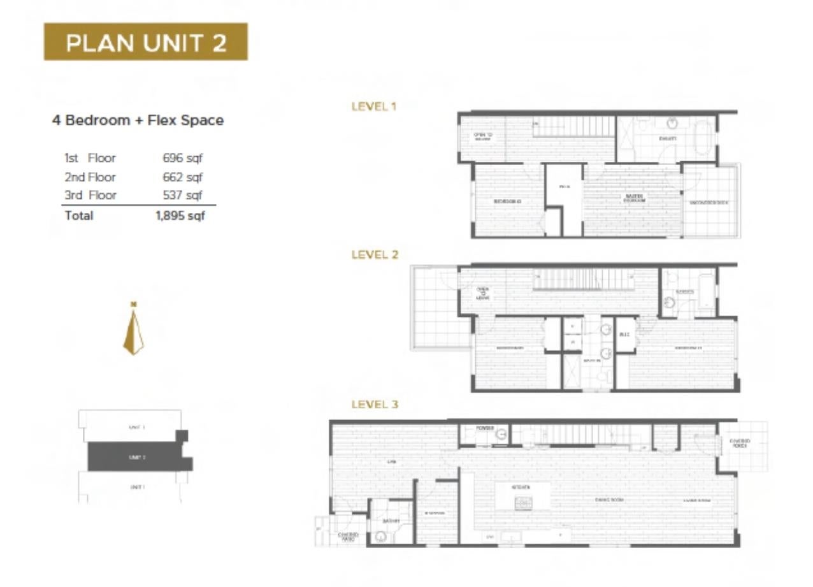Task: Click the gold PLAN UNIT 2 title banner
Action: coord(145,42)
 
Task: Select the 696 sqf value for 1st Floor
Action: coord(182,158)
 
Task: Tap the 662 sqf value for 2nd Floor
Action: coord(182,177)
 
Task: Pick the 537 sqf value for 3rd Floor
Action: coord(182,195)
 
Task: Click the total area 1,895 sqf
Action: coord(180,215)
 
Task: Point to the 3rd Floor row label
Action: coord(90,195)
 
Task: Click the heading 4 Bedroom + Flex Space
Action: coord(138,120)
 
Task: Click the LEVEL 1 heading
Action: coord(374,106)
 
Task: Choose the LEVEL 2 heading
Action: coord(375,254)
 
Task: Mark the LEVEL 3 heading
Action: coord(375,403)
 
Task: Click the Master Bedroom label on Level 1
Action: coord(635,198)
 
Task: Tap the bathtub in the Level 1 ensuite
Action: coord(704,137)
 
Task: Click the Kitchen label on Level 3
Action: coord(522,487)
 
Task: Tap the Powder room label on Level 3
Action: coord(485,428)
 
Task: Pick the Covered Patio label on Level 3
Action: coord(349,537)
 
